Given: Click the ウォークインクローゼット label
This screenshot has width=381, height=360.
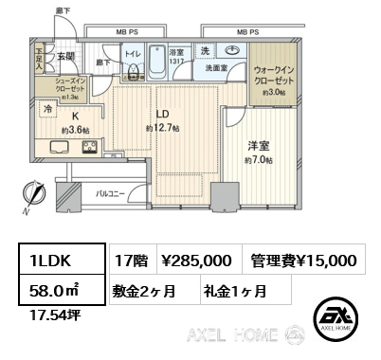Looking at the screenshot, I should [x=275, y=81].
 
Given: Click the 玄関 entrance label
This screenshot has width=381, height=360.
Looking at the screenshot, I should [x=65, y=57].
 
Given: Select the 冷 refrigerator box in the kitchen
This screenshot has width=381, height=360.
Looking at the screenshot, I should [x=47, y=111].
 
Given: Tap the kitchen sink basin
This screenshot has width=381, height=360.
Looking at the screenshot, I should [x=55, y=148].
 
